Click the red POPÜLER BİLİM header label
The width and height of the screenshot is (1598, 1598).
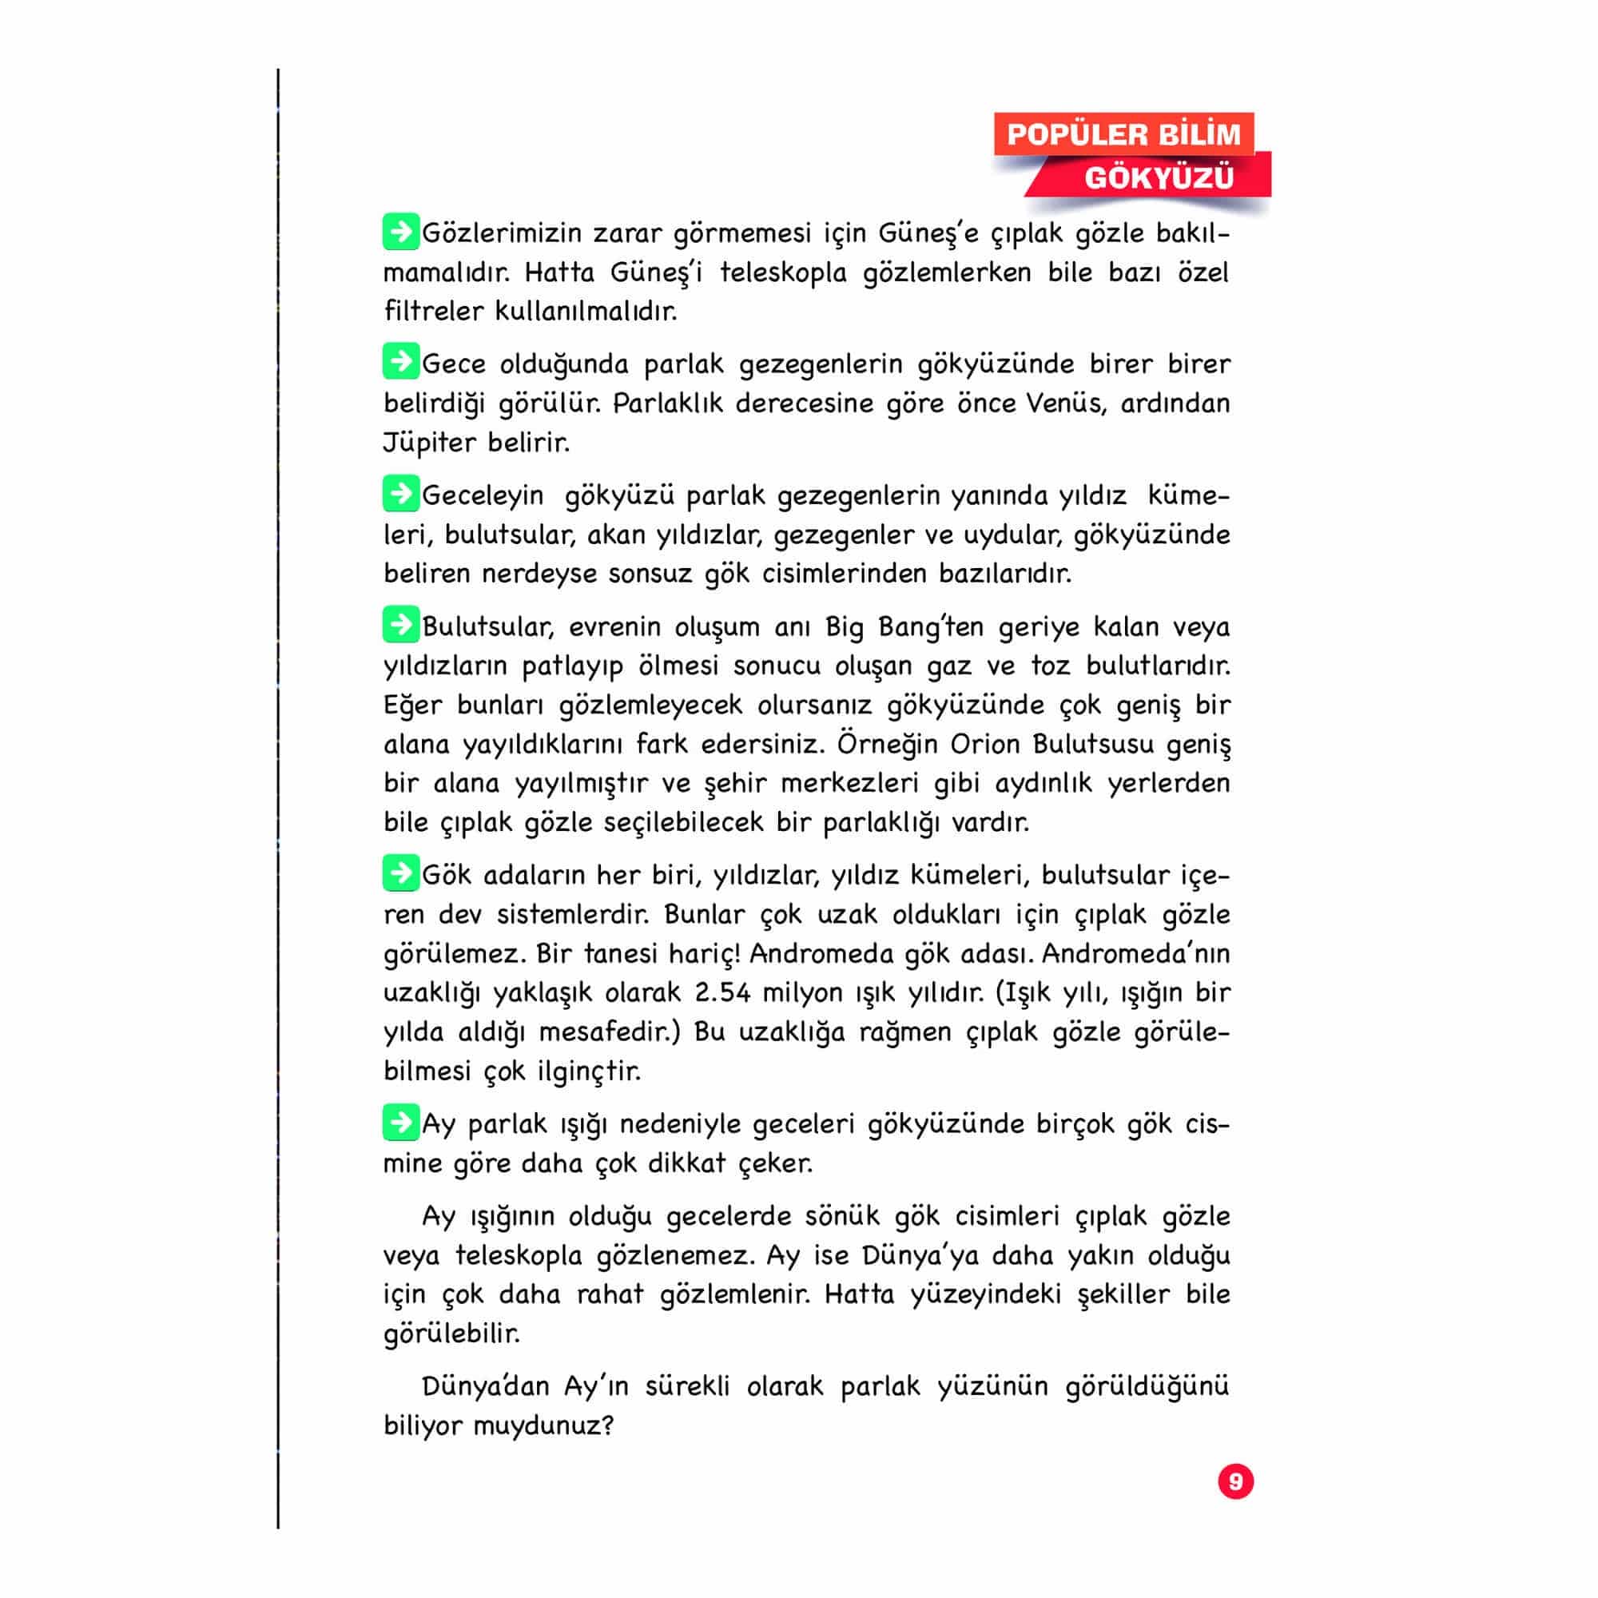pos(1123,134)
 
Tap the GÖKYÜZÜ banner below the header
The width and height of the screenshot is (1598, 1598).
pos(1158,177)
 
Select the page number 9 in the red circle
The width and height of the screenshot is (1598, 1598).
pos(1236,1481)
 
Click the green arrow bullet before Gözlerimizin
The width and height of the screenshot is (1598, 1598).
pos(400,232)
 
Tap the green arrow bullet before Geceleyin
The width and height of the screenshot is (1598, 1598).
pos(400,494)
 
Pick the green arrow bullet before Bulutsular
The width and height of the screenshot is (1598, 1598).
pos(400,625)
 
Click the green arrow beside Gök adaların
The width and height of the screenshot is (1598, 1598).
pos(400,873)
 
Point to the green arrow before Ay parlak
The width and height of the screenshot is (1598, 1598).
pos(400,1123)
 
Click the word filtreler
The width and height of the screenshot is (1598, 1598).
pos(432,311)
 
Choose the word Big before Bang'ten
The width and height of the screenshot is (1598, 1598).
pos(844,628)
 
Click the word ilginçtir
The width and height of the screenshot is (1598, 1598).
pos(589,1071)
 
